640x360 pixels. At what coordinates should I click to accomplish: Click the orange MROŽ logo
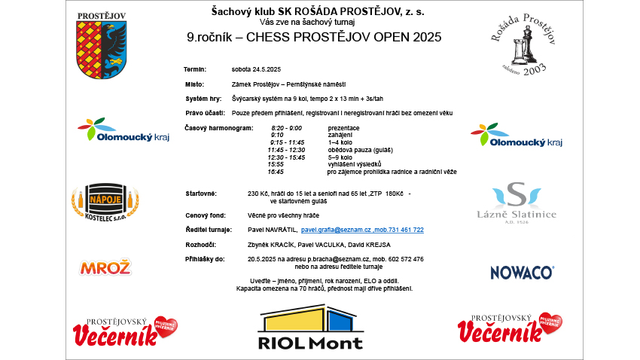[x=105, y=267]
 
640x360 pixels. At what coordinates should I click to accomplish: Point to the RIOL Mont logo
[x=310, y=328]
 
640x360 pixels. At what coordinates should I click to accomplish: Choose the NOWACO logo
[x=522, y=272]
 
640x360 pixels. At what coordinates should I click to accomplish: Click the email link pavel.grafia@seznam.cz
[x=331, y=230]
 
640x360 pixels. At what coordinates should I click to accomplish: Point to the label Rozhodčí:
[x=200, y=245]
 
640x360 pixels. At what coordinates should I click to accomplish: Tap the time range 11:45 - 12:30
[x=285, y=150]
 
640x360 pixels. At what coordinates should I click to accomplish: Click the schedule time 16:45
[x=276, y=172]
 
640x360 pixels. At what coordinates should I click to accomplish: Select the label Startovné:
[x=201, y=194]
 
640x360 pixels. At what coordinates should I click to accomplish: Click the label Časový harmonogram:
[x=219, y=128]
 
